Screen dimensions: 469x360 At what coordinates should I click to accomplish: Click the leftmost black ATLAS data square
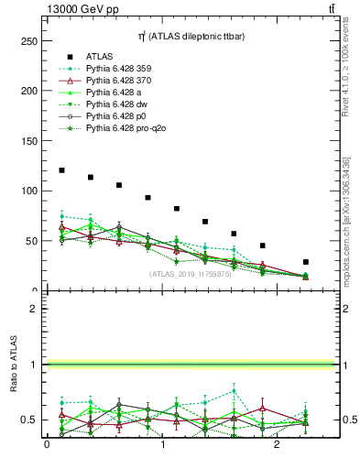61,170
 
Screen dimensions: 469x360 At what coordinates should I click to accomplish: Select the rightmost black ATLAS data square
306,262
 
